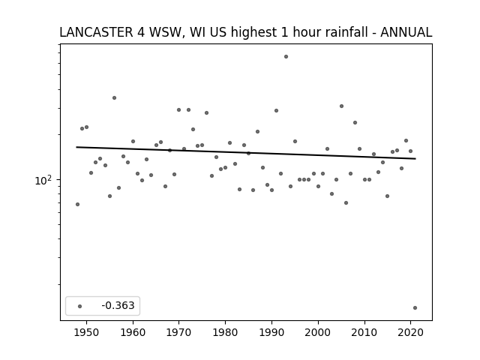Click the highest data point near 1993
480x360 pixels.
click(x=286, y=57)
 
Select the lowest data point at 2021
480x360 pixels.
click(x=415, y=308)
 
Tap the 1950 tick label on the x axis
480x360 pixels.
click(x=87, y=332)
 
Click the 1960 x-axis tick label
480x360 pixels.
click(x=133, y=332)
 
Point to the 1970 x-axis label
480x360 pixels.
click(x=178, y=332)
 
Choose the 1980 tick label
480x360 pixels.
click(x=225, y=332)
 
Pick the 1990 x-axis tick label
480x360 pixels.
click(x=271, y=332)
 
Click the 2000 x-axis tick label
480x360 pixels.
click(x=318, y=332)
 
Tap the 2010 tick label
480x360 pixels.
click(x=364, y=332)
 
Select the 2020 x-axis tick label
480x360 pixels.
click(x=410, y=332)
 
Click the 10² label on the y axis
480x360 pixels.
click(x=43, y=180)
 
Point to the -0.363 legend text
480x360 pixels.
click(x=118, y=305)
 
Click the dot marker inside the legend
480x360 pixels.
click(x=80, y=306)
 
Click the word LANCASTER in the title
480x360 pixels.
click(x=96, y=32)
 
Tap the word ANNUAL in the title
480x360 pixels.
click(x=406, y=32)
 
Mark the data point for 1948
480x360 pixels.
click(x=77, y=204)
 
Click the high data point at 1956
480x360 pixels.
click(x=114, y=98)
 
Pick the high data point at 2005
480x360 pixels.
click(x=342, y=106)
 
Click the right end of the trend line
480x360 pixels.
click(x=415, y=158)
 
